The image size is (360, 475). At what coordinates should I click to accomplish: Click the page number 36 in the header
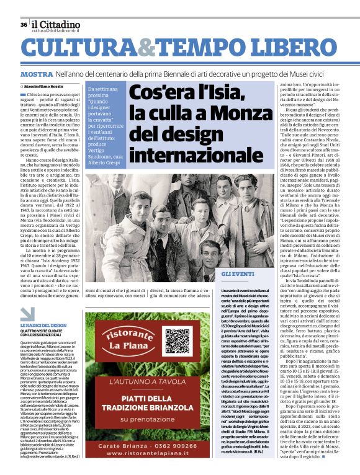pyautogui.click(x=22, y=25)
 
